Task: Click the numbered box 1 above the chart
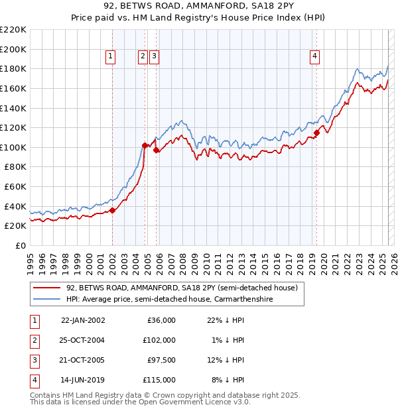click(110, 57)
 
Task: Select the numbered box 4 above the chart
click(314, 57)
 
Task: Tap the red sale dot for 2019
click(317, 133)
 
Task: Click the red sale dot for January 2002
click(113, 210)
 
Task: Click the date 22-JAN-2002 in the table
click(83, 320)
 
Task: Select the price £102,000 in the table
click(160, 339)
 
